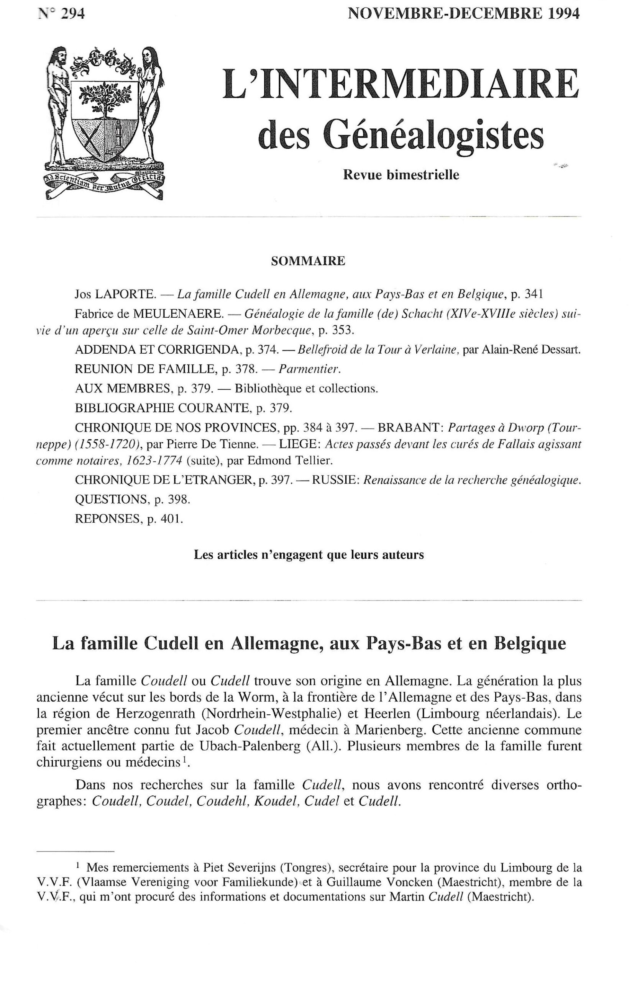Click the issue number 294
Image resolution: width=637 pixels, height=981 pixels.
[72, 14]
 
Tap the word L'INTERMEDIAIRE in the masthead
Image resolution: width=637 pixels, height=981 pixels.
[400, 85]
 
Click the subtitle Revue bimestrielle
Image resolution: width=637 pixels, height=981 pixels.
[401, 175]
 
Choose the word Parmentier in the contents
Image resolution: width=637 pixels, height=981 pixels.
[309, 369]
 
